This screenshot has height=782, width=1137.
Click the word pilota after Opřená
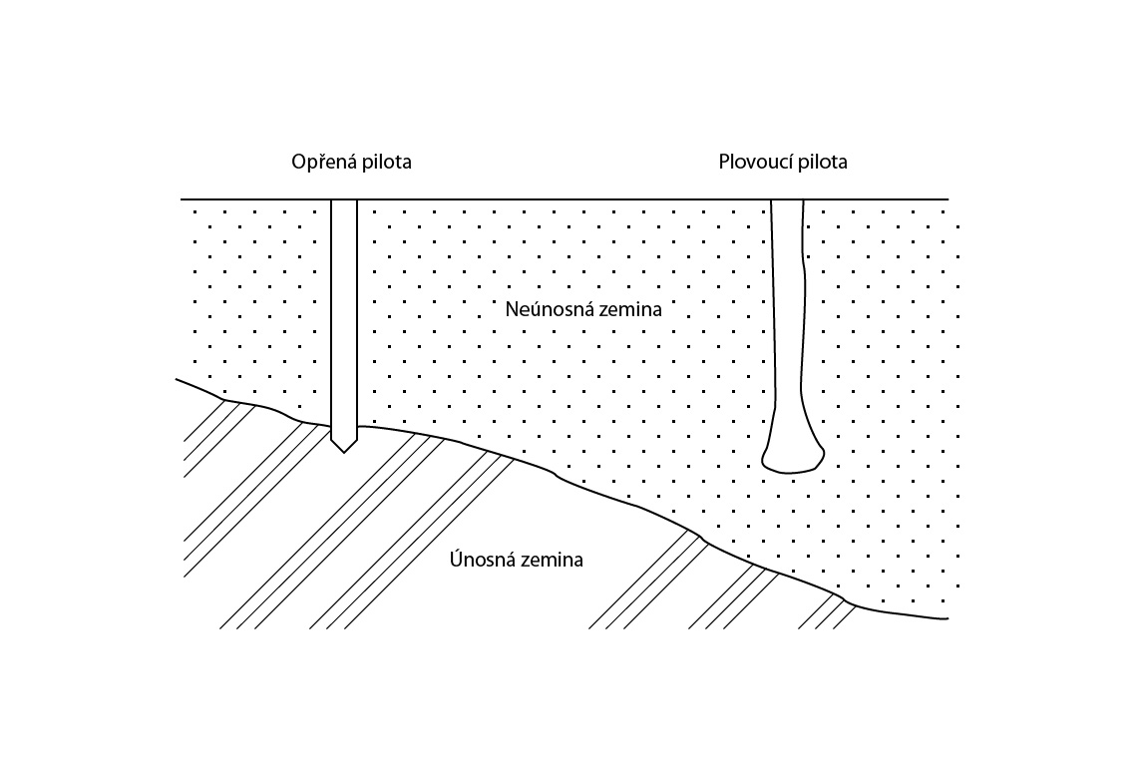tap(387, 161)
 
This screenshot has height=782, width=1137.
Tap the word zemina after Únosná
tap(547, 560)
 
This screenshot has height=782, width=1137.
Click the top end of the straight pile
tap(344, 200)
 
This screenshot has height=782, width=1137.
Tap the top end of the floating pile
tap(787, 200)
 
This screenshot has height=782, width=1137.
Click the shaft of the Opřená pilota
tap(344, 319)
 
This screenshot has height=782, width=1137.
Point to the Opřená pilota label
tap(352, 162)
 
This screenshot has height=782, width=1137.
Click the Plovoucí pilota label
tap(783, 161)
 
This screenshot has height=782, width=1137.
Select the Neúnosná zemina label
tap(583, 309)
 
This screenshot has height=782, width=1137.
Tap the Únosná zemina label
tap(517, 560)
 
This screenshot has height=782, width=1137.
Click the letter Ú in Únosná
tap(456, 559)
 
